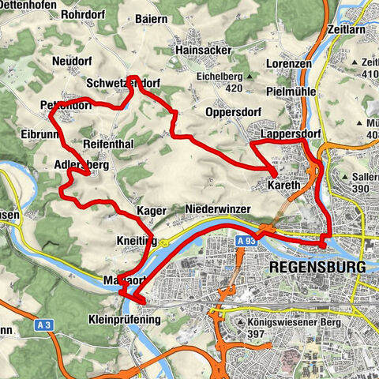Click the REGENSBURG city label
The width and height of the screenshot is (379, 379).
[317, 268]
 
